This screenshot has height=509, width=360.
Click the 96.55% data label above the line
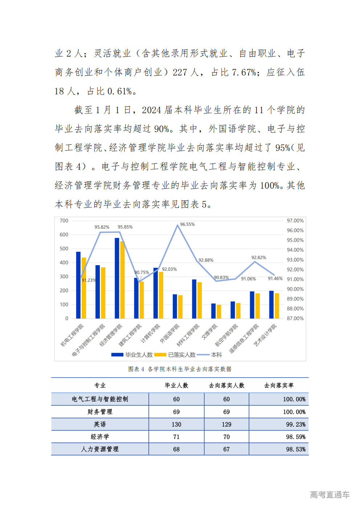point(187,225)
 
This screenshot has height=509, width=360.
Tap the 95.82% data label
point(102,227)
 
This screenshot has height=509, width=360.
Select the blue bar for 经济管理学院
point(117,278)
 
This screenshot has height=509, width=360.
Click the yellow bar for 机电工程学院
point(84,288)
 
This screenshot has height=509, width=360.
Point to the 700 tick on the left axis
point(64,221)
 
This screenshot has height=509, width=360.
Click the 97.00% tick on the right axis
point(295,221)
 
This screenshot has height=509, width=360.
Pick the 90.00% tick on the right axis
point(295,289)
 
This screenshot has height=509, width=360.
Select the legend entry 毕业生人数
point(132,355)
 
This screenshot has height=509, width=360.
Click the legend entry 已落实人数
point(175,355)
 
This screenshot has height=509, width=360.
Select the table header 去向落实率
point(279,385)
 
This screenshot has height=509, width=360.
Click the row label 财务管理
point(100,412)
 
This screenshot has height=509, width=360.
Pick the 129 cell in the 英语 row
point(226,424)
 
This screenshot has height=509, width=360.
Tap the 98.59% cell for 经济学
point(295,437)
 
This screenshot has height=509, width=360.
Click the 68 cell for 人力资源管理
point(176,449)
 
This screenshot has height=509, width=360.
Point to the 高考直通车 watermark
point(330,494)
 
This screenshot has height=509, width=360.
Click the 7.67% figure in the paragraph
point(244,72)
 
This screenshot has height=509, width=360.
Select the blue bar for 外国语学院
point(175,306)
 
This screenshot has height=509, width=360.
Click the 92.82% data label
point(259,258)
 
